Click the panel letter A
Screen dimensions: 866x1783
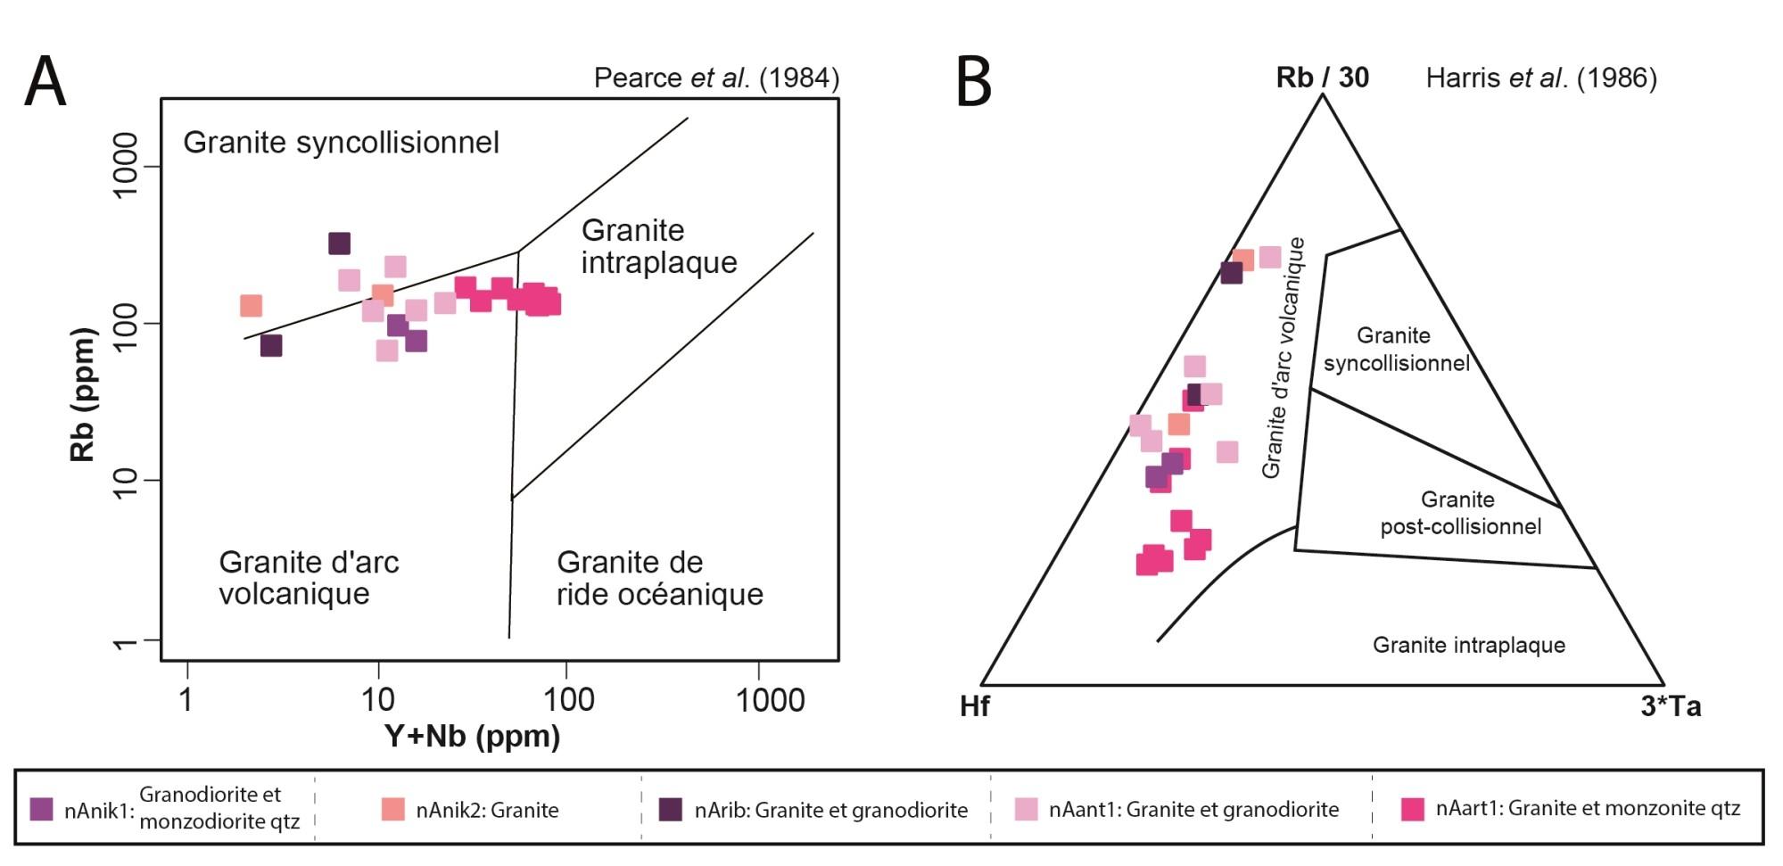point(45,81)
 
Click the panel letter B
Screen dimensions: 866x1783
point(973,81)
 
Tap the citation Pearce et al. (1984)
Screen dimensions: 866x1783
point(716,78)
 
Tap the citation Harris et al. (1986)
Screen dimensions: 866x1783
point(1540,78)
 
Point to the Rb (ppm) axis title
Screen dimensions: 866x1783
point(82,393)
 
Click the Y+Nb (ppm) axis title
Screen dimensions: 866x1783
point(472,736)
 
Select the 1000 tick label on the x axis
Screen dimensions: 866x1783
point(770,700)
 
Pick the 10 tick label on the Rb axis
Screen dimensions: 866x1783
point(126,482)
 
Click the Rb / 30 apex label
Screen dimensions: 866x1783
point(1322,78)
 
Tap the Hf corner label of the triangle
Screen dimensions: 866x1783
point(974,706)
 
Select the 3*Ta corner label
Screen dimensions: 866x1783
point(1671,706)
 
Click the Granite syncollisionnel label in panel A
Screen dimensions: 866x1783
point(341,143)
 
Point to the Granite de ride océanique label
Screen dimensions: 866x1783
point(659,578)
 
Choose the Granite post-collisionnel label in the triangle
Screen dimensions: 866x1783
point(1460,513)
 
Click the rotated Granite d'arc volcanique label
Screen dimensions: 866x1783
point(1284,357)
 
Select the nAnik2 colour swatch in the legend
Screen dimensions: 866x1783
point(392,809)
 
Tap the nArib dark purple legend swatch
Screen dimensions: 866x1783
point(671,809)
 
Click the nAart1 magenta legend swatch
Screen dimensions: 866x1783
point(1412,809)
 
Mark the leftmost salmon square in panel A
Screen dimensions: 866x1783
point(252,306)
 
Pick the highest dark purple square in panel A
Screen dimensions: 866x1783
point(339,243)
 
